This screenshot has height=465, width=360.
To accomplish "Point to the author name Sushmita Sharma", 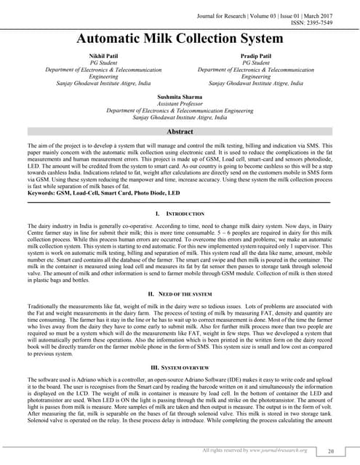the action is coord(180,97).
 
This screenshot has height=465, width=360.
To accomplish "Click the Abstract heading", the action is coord(180,132).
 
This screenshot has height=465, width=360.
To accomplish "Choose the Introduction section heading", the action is coord(183,195).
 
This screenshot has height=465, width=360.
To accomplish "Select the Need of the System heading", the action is coord(183,272).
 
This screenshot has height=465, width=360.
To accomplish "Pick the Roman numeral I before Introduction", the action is coord(156,195).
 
